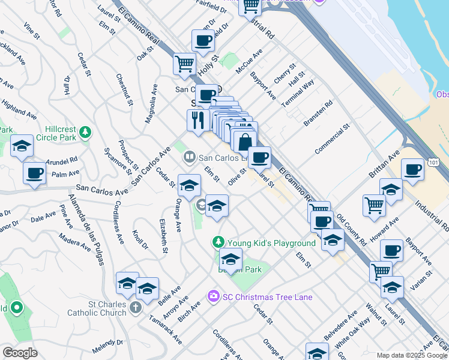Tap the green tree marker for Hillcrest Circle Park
86,132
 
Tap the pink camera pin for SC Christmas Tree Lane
212,296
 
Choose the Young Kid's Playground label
271,243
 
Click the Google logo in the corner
20,353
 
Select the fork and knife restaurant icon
197,119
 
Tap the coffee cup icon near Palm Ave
34,173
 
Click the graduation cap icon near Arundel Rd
22,146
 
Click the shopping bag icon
244,142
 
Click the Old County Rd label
352,230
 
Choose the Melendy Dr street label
108,346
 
